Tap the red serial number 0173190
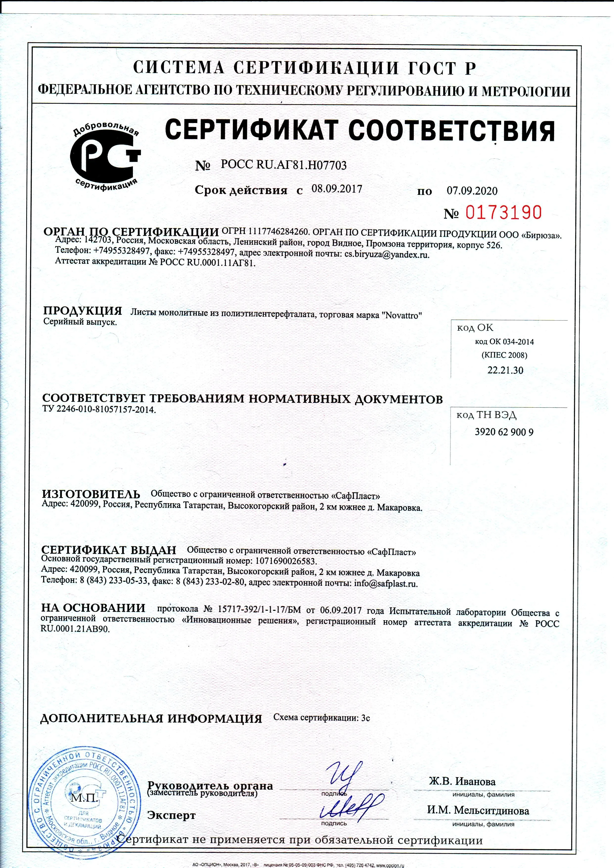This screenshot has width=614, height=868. click(x=503, y=213)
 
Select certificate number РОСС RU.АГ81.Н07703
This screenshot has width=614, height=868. click(x=284, y=165)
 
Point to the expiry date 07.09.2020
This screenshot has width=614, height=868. click(x=472, y=191)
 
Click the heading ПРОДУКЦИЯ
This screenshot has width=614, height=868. click(x=82, y=311)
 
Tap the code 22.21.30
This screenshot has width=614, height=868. click(x=506, y=370)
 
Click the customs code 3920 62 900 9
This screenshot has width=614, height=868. click(x=504, y=432)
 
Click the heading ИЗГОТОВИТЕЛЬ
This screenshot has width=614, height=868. click(x=91, y=494)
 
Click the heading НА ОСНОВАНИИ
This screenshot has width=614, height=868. click(x=93, y=608)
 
